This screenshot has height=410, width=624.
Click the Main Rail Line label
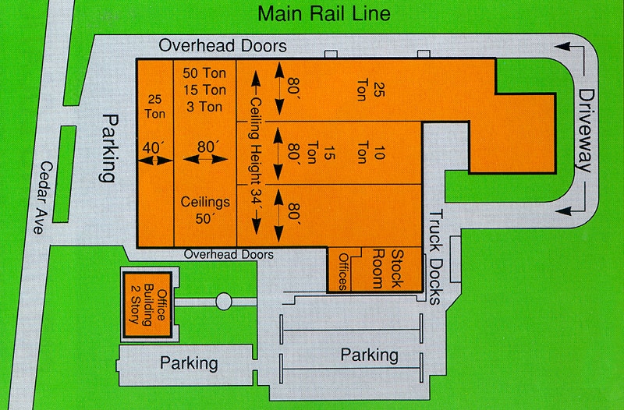click(x=324, y=13)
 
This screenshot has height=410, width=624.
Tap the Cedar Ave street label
click(x=42, y=198)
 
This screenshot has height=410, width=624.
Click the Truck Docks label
click(x=436, y=257)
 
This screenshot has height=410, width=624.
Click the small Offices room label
click(x=343, y=271)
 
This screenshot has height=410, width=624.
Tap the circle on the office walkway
click(x=224, y=302)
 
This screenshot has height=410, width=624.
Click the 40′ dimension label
click(x=153, y=148)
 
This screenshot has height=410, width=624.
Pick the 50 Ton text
click(x=204, y=73)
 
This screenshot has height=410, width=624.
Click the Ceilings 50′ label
click(x=205, y=210)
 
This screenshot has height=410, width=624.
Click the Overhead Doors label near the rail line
click(x=222, y=46)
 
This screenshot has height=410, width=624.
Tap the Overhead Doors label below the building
click(x=229, y=255)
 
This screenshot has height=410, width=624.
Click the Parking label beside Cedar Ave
click(x=108, y=148)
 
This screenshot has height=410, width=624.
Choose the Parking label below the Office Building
click(x=189, y=363)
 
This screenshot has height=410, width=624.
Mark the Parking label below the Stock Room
click(x=369, y=355)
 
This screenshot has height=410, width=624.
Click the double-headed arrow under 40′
click(x=154, y=161)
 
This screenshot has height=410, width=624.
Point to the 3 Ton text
click(x=204, y=107)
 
